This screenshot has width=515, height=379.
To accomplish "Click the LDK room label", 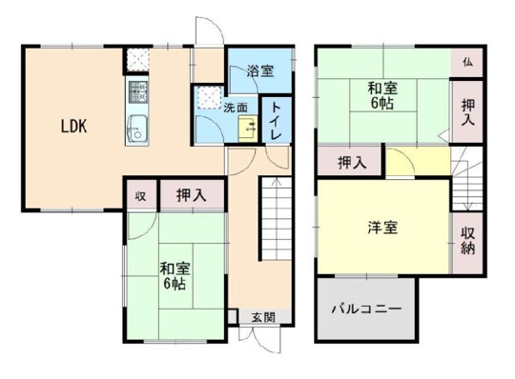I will pos(75,126).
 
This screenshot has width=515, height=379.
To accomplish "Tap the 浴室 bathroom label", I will pos(259,70).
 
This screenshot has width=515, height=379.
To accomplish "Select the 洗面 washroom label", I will pos(236,107).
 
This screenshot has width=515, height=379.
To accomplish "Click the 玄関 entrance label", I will pos(262,317).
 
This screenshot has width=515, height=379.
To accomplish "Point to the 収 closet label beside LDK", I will pos(139,196).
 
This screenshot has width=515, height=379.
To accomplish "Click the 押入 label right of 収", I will pos(192,196).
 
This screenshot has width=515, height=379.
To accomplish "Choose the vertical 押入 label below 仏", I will pos(467,111).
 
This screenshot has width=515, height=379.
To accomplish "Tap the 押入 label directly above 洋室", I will pos(351,163).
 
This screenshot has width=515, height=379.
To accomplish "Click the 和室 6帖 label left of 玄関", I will pos(173,276).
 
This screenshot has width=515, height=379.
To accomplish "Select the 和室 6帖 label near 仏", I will pos(383,96).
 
